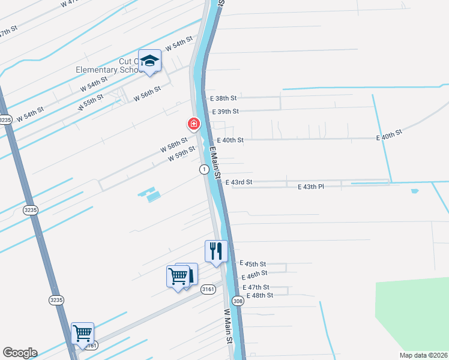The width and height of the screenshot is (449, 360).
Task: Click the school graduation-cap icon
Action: pos(149,61)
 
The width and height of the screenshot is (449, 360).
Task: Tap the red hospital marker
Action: pos(193,124)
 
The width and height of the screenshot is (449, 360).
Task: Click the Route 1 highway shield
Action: pos(205,170)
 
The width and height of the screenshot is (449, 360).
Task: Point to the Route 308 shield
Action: pos(238,301)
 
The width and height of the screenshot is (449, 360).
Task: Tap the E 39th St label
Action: pos(225,112)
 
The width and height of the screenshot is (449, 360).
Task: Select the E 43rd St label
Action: pos(238,182)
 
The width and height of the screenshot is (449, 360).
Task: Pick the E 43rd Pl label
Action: pos(311,187)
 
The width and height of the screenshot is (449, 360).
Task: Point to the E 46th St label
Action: pos(255,277)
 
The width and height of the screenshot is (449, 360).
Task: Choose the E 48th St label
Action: pos(259,295)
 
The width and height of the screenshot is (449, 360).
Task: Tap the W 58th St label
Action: pos(173,145)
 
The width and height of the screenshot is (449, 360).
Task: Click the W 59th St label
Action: pos(181,154)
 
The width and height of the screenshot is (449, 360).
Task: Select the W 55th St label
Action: pos(91,101)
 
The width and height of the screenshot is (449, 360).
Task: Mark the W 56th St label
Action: pos(147,93)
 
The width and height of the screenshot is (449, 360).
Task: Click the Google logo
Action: pos(20,353)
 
